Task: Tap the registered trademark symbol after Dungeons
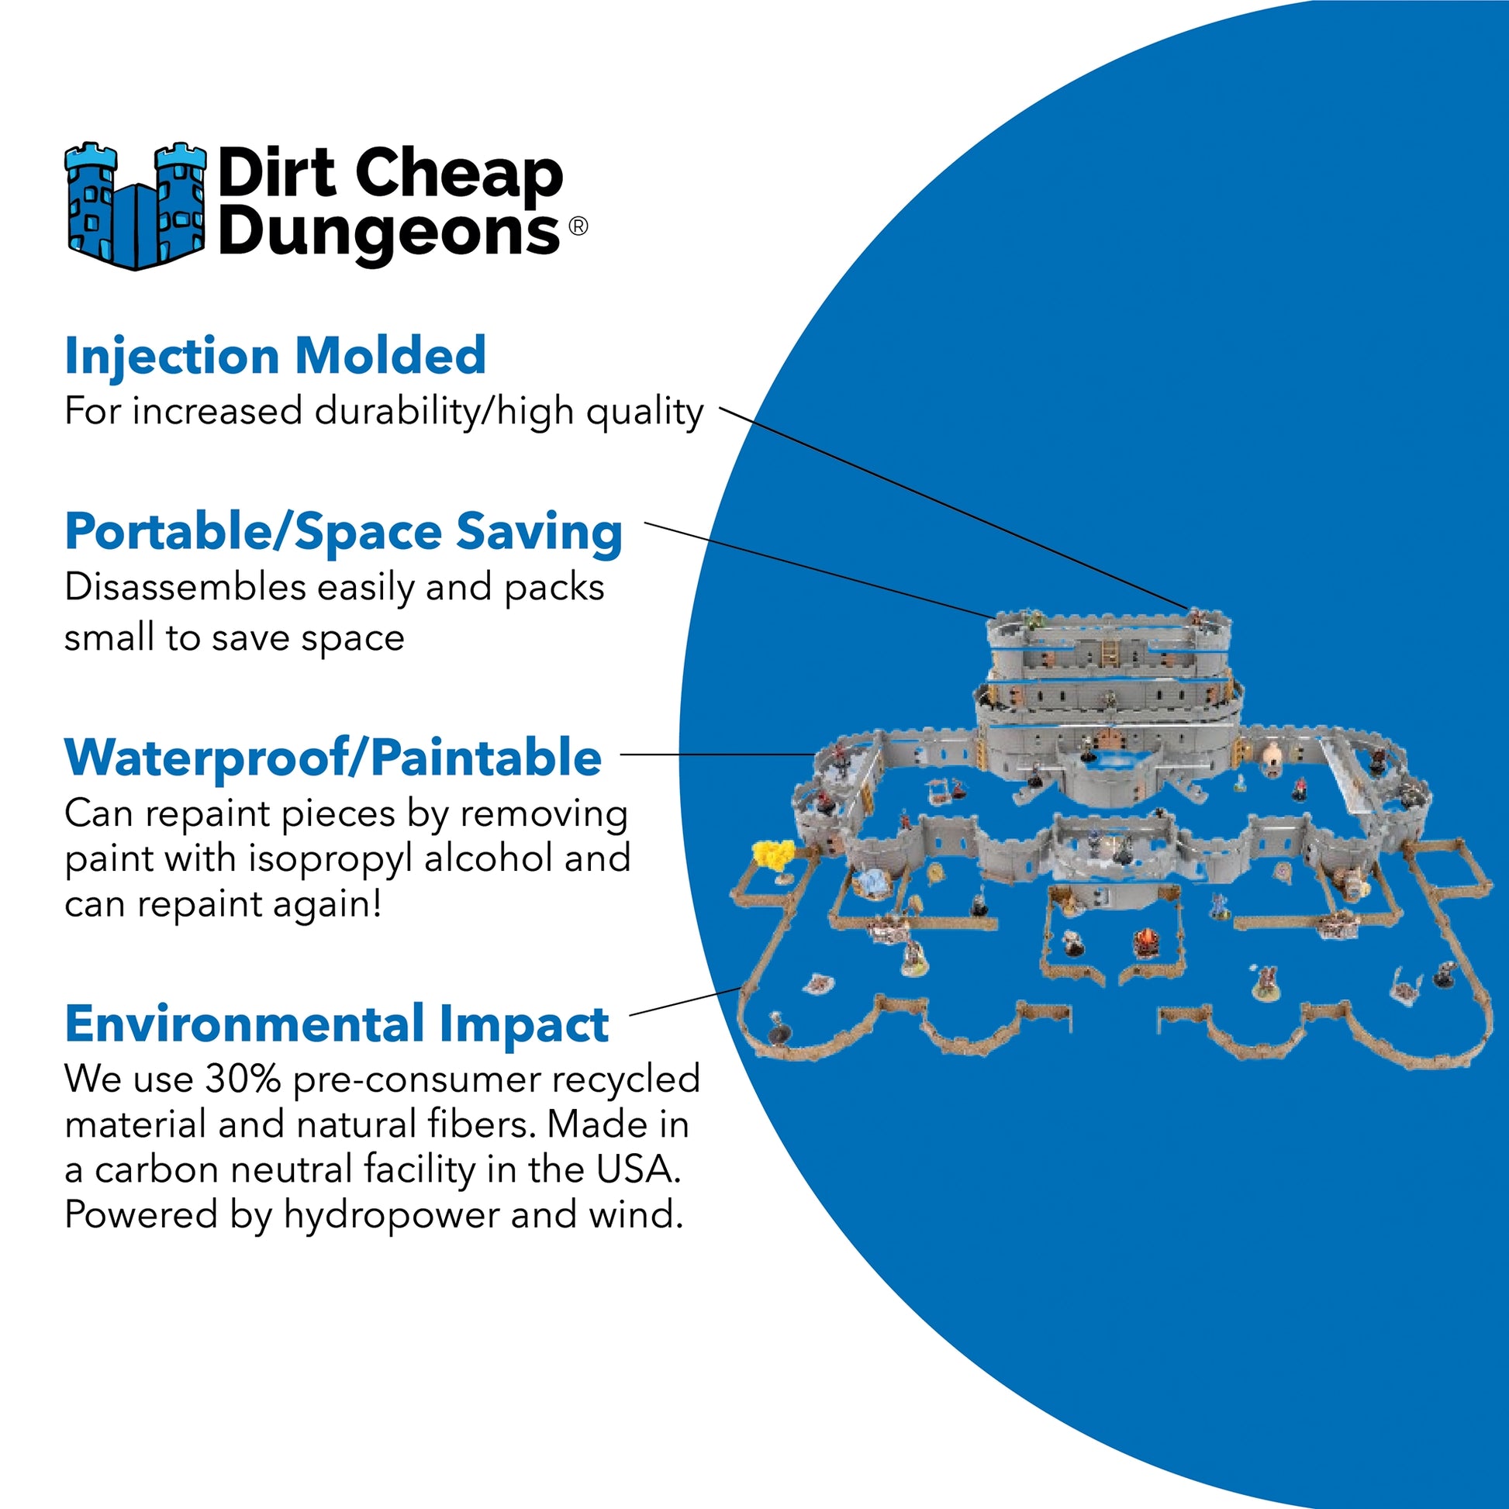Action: click(x=578, y=226)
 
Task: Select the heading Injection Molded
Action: click(x=275, y=356)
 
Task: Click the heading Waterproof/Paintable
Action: click(x=333, y=758)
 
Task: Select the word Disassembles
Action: click(x=185, y=587)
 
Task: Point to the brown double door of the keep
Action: click(x=1108, y=738)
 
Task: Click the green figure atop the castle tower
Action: click(x=1035, y=620)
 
